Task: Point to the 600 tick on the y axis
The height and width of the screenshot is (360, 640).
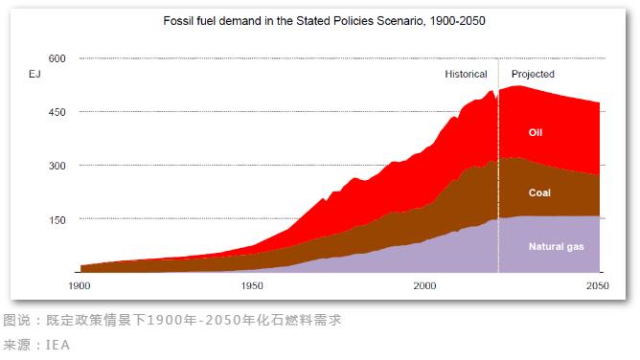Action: coord(57,58)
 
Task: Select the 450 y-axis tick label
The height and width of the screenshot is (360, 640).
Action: coord(57,112)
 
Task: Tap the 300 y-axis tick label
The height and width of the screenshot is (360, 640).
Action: coord(57,166)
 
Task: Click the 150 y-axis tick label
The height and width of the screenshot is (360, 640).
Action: coord(57,219)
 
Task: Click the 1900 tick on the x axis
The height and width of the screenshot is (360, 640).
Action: coord(80,286)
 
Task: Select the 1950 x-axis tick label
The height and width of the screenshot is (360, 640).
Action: coord(252,286)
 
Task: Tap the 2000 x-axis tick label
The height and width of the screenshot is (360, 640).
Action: coord(424,286)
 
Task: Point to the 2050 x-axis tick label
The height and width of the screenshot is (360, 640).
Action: coord(597,286)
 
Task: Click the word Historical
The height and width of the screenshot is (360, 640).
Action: coord(466,74)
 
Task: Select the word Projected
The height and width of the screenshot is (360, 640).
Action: coord(533,74)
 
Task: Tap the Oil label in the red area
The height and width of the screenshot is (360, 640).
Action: coord(536,132)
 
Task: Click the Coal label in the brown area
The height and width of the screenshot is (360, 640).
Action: coord(539,192)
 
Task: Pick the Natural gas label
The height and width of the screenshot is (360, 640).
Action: coord(556,246)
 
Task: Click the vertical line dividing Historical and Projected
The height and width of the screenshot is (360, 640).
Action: coord(498,172)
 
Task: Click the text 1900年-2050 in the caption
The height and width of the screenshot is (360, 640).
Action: coord(208,319)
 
